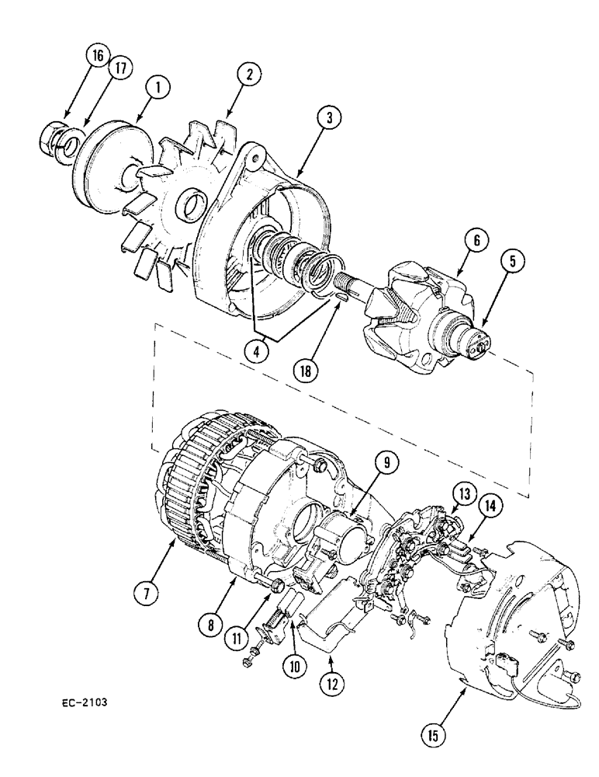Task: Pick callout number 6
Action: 476,241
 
